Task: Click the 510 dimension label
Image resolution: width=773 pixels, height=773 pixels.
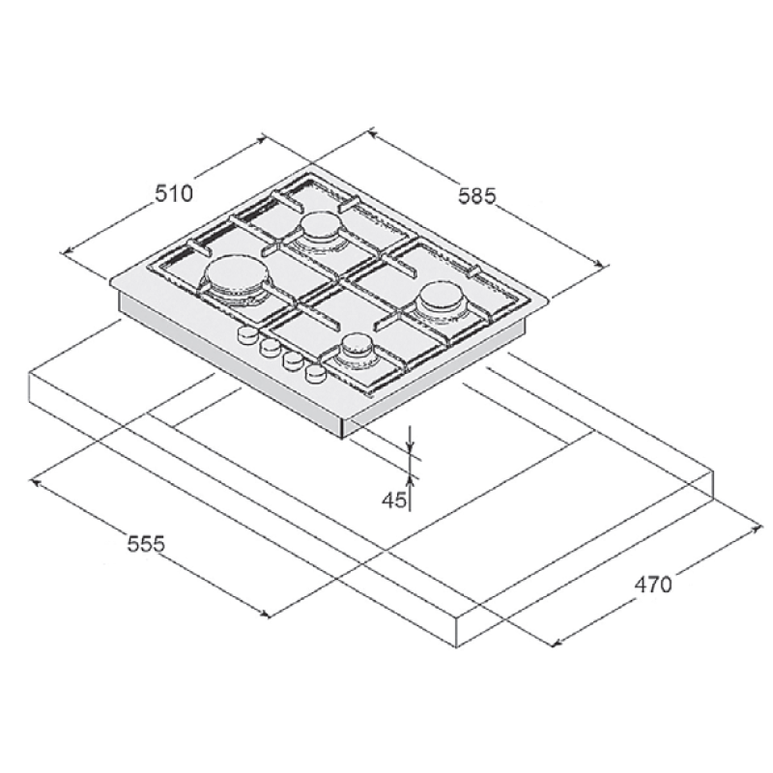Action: click(175, 193)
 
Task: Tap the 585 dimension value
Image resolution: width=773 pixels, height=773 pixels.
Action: click(476, 196)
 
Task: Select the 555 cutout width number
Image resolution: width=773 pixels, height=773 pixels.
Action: click(147, 544)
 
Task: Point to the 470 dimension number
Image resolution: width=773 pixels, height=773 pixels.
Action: click(653, 584)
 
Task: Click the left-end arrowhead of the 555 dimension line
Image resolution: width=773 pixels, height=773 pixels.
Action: click(36, 479)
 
